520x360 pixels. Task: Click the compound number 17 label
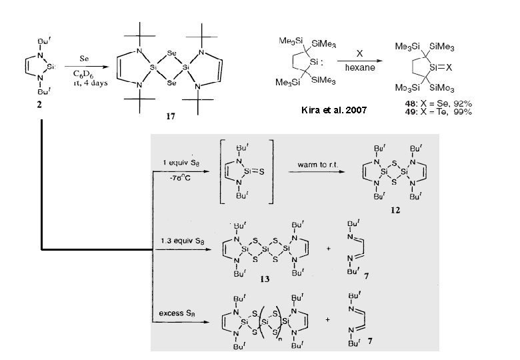point(171,117)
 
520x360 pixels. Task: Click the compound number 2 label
point(40,110)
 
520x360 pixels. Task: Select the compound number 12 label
point(397,210)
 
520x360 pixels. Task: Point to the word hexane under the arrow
point(360,67)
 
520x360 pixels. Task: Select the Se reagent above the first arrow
point(85,59)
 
